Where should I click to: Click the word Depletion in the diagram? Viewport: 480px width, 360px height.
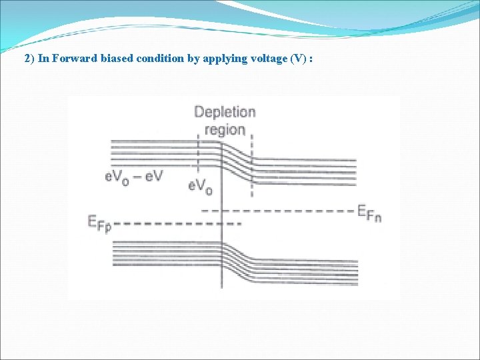click(x=225, y=112)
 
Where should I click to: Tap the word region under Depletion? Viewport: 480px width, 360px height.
click(x=225, y=129)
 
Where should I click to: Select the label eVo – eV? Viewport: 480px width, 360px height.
click(x=134, y=177)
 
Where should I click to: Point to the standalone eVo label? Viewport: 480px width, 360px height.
click(x=201, y=186)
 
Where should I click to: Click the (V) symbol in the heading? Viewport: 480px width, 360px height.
click(x=298, y=58)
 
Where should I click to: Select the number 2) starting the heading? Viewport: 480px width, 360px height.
click(x=29, y=58)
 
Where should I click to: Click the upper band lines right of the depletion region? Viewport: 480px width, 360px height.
click(x=307, y=170)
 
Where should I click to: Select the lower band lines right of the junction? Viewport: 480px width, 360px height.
click(x=307, y=271)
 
